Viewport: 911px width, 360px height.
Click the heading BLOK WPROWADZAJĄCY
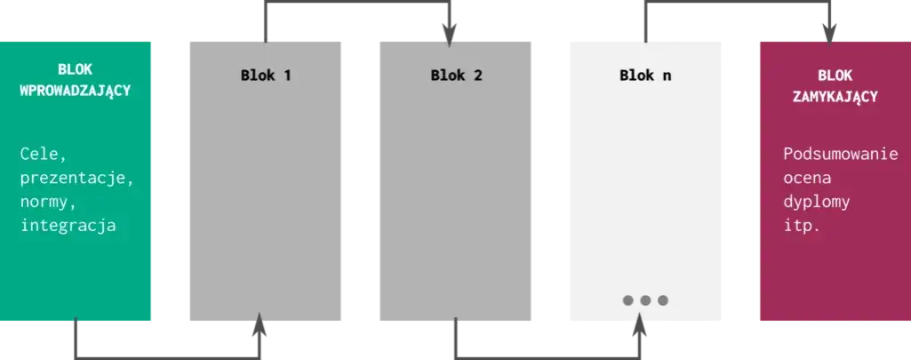(76, 80)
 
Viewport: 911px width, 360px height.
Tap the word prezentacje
(77, 179)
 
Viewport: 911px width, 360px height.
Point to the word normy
(49, 203)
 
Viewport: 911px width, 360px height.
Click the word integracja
(68, 225)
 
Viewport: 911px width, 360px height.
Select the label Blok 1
(266, 76)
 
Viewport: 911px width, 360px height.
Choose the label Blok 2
(456, 76)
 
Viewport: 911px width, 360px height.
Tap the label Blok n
(645, 76)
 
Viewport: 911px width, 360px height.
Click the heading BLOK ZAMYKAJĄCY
(835, 86)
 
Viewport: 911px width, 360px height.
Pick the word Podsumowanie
(841, 155)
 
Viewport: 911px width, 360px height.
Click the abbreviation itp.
(802, 226)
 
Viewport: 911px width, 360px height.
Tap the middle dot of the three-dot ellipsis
(645, 300)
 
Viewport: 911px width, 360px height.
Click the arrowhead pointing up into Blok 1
(260, 324)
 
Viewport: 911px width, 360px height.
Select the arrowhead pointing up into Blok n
(640, 324)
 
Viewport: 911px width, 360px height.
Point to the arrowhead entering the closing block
(829, 34)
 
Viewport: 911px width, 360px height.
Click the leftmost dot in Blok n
(628, 300)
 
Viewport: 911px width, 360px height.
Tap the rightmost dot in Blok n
(663, 300)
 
